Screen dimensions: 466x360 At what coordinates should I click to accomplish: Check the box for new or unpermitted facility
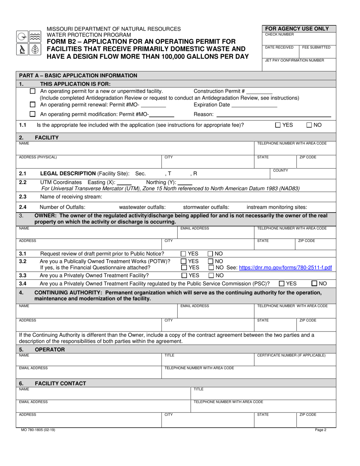33,91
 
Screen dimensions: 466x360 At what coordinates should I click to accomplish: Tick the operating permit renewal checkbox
33,105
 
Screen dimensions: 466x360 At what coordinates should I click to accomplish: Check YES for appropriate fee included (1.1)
278,125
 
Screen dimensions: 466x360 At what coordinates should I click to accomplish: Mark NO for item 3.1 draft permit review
211,254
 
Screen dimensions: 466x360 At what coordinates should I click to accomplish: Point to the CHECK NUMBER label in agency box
279,34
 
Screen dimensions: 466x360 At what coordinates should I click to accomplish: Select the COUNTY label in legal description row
281,170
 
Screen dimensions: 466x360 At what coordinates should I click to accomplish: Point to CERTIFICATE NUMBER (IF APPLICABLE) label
291,355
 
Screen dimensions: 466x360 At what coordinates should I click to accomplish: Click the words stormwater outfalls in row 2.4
206,207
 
